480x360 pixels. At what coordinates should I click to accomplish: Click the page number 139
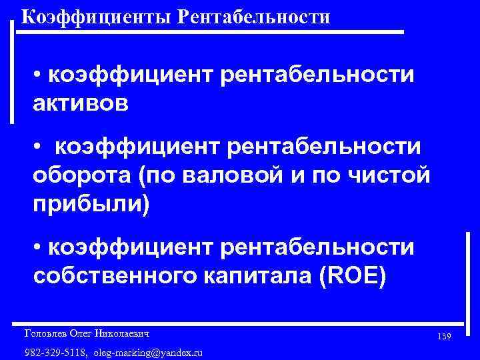[445, 337]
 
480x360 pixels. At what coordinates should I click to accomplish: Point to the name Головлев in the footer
[44, 332]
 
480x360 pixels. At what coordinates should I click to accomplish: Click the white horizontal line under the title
[213, 31]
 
